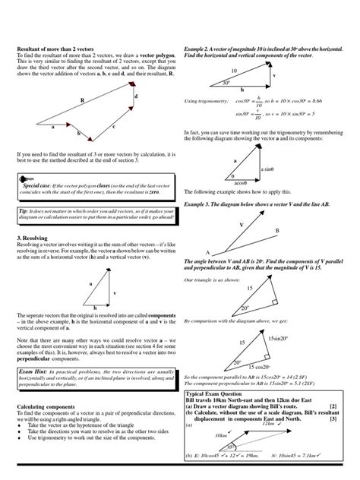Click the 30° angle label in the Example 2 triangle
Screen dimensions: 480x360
[226, 83]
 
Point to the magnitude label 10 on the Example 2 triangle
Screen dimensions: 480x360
[235, 70]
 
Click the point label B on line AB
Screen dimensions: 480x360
[277, 230]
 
